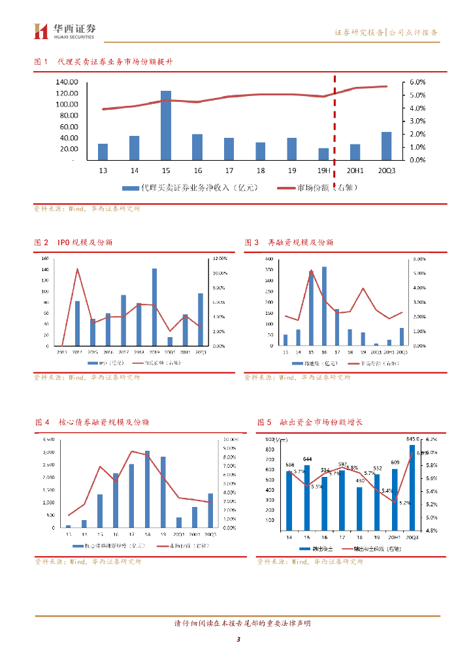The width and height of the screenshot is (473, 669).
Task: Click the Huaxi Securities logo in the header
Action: pyautogui.click(x=65, y=31)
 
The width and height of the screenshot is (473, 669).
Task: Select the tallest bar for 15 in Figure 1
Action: pyautogui.click(x=166, y=125)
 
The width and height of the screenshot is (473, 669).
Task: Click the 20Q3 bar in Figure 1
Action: pyautogui.click(x=387, y=146)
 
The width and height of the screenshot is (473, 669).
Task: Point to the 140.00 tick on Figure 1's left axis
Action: pyautogui.click(x=67, y=82)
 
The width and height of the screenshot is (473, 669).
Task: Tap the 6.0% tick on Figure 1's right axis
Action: pyautogui.click(x=417, y=82)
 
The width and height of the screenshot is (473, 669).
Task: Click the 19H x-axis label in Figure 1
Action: pyautogui.click(x=324, y=170)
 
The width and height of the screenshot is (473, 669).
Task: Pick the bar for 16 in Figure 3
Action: pyautogui.click(x=324, y=306)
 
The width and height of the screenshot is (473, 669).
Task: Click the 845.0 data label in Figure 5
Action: pyautogui.click(x=413, y=439)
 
